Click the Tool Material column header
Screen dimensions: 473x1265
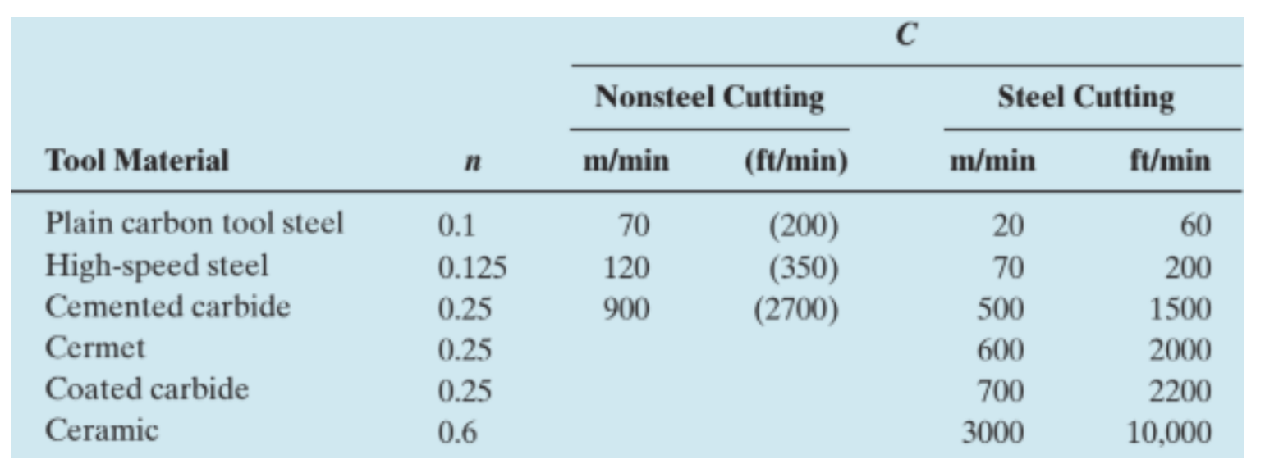[136, 160]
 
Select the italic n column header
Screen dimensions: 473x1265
[471, 161]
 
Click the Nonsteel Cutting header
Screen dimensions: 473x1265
[709, 98]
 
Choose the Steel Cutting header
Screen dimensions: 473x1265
[1085, 98]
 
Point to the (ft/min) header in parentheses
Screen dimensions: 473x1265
[795, 161]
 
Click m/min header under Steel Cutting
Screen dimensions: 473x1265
[992, 161]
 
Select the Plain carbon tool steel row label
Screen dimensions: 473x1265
[194, 223]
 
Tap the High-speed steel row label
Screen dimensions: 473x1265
[157, 266]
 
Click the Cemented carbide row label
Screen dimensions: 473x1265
[167, 307]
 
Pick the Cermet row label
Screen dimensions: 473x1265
[95, 348]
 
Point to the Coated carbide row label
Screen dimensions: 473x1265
[147, 389]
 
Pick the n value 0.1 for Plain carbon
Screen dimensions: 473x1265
[456, 225]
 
